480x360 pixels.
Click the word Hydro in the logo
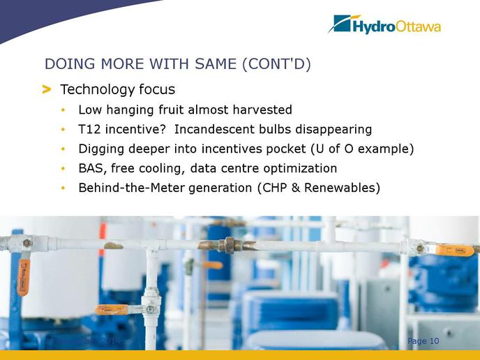[x=374, y=27]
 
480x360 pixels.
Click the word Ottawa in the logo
[x=418, y=27]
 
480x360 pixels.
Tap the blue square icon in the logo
[x=342, y=23]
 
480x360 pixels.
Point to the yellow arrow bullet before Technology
[x=47, y=90]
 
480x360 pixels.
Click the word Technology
[x=97, y=90]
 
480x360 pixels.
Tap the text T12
[x=89, y=129]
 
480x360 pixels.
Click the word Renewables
[x=340, y=188]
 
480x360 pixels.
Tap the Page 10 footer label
[x=423, y=341]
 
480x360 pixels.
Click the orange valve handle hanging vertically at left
[x=23, y=278]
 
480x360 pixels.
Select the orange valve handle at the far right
[x=453, y=250]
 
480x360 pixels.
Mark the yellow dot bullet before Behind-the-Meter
[x=63, y=188]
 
